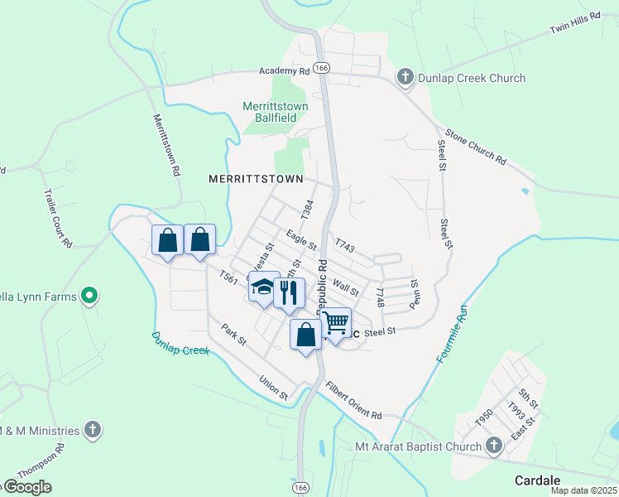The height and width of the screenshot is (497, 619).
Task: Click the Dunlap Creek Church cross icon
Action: (405, 78)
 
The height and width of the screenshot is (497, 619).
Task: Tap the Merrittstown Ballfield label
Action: (276, 113)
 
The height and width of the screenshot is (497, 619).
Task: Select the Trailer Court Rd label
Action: (58, 217)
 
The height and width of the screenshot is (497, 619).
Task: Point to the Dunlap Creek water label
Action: (180, 343)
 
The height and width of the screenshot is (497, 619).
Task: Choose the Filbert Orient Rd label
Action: (353, 401)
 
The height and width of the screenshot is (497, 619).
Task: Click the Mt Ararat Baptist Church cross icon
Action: (494, 446)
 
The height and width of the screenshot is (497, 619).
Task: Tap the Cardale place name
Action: (537, 480)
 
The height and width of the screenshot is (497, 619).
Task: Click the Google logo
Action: (26, 486)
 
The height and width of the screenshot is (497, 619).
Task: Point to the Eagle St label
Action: (301, 240)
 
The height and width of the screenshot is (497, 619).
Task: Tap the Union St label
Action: (272, 388)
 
